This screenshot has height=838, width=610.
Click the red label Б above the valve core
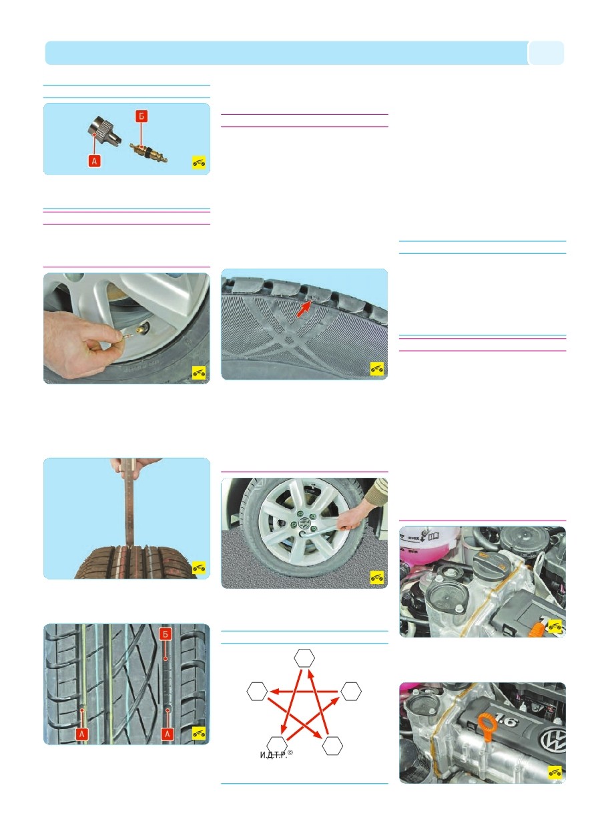[x=141, y=116]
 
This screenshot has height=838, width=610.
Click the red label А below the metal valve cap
[x=95, y=161]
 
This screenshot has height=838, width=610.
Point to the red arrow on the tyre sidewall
[x=304, y=309]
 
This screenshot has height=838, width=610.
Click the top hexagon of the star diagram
[x=304, y=658]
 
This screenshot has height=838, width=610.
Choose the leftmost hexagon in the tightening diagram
[x=257, y=691]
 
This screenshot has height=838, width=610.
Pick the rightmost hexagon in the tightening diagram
[x=351, y=691]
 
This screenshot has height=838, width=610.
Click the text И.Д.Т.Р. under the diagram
[x=274, y=755]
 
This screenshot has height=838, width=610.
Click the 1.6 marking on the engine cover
[x=505, y=720]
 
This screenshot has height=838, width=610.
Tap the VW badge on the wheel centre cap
[x=305, y=522]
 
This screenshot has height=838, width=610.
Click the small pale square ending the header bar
[x=547, y=53]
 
